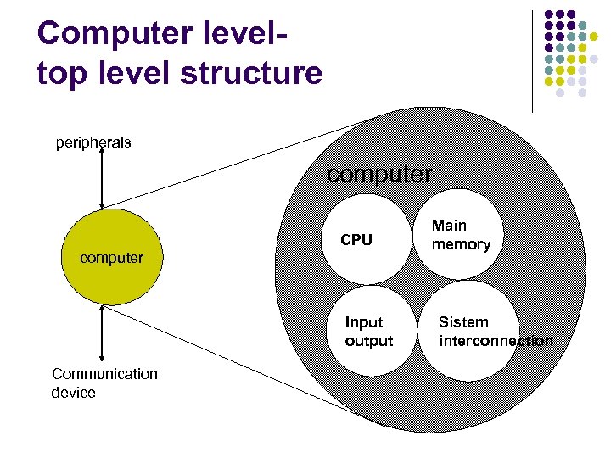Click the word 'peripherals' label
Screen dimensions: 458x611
click(x=93, y=142)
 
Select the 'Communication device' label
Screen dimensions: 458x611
click(x=104, y=383)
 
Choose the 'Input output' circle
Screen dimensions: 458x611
click(x=368, y=332)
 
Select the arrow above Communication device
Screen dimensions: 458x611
click(x=102, y=336)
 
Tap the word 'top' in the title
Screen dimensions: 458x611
click(x=59, y=73)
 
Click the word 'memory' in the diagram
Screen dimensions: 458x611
click(x=461, y=244)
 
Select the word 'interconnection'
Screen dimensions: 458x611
click(x=496, y=341)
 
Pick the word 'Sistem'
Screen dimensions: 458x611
click(x=463, y=322)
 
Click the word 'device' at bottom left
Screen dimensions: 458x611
click(x=74, y=393)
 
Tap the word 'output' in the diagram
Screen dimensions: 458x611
click(x=369, y=341)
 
